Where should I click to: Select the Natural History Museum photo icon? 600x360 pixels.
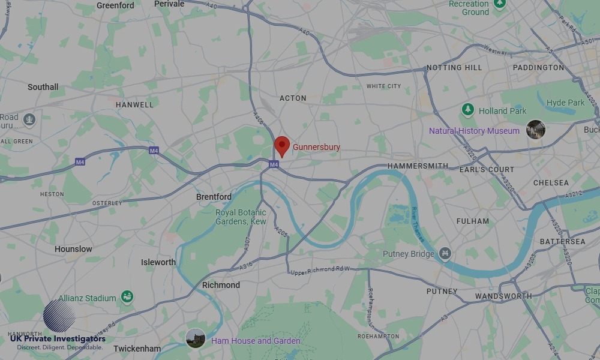point(535,130)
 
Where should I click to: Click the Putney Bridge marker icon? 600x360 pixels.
point(445,254)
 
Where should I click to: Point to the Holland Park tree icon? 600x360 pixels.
point(468,110)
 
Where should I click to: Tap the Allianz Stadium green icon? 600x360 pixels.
point(127,297)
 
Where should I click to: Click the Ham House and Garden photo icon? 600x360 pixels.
point(196,339)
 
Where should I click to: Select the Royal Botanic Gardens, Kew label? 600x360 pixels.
point(241,217)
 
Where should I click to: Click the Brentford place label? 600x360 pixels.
point(214,197)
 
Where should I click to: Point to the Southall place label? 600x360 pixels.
point(43,87)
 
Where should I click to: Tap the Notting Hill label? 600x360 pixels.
point(454,68)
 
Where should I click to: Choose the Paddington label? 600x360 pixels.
point(538,68)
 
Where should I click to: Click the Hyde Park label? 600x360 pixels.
point(565,103)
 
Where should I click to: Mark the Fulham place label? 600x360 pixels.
point(473,221)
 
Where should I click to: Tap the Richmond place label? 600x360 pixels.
point(221,285)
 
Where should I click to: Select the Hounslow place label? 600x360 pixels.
point(73,249)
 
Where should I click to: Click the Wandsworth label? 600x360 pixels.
point(503,296)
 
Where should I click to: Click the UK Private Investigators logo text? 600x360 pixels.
point(58,340)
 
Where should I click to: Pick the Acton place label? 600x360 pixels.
point(293,98)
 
